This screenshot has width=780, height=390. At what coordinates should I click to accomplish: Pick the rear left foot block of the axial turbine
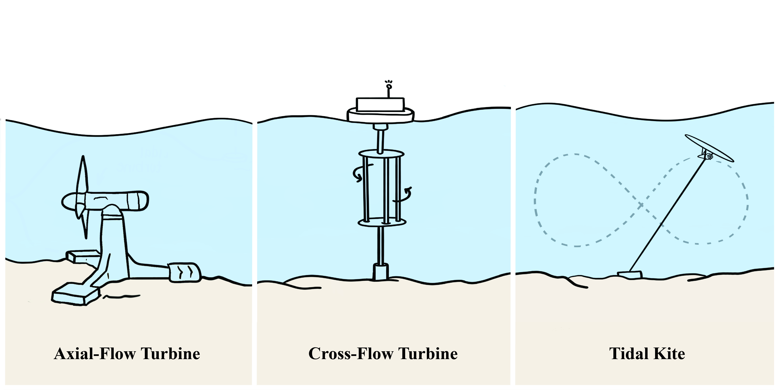(x=82, y=256)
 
